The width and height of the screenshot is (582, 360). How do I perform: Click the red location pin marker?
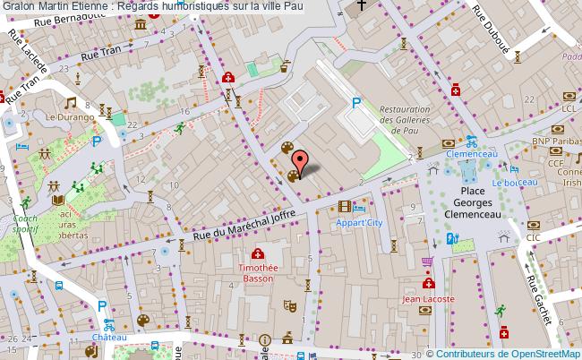click(x=301, y=162)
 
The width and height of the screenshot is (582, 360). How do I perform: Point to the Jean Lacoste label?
click(x=427, y=299)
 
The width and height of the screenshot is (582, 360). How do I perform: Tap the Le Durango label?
click(x=64, y=116)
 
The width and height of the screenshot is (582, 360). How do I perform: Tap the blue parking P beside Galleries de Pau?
click(x=356, y=104)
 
